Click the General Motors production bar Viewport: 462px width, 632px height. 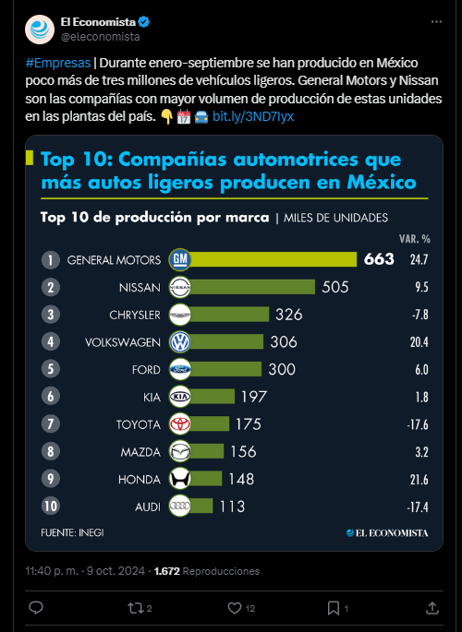[x=274, y=259]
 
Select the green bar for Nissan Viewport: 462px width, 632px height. [x=252, y=287]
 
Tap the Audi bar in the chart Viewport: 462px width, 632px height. [x=201, y=506]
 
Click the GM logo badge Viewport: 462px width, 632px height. [x=179, y=259]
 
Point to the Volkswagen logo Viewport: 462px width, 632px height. [x=179, y=341]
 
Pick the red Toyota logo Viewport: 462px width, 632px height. [x=179, y=424]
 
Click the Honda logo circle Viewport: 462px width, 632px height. [x=179, y=479]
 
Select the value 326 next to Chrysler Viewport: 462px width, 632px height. [x=289, y=315]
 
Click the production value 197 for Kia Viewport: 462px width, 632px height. [x=254, y=397]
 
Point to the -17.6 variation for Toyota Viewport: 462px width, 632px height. [x=418, y=424]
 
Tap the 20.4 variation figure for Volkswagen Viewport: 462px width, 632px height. [x=419, y=342]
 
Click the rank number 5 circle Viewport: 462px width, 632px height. [x=51, y=369]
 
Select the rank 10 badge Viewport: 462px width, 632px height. [x=51, y=506]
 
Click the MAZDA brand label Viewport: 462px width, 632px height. [x=140, y=452]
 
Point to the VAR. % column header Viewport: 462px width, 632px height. [x=415, y=239]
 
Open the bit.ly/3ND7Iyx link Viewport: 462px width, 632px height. [x=253, y=116]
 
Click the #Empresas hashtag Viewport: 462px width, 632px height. [x=58, y=63]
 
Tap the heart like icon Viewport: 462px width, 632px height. [x=235, y=608]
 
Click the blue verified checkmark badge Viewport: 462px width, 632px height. [x=144, y=22]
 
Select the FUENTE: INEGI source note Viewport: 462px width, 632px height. [x=72, y=532]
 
